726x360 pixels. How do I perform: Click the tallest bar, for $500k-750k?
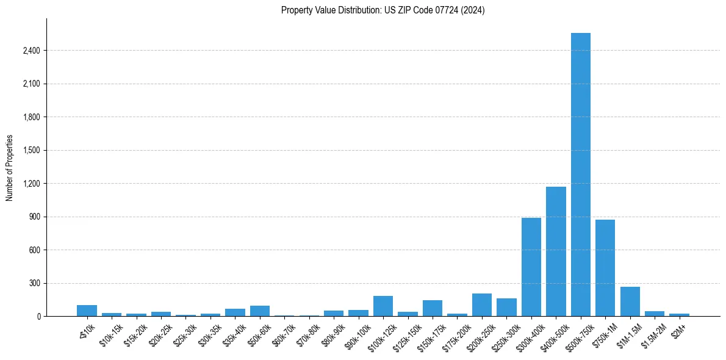(580, 175)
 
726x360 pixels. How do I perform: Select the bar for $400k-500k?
(556, 251)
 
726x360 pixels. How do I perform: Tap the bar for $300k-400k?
(531, 267)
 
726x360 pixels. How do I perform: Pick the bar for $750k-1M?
(605, 268)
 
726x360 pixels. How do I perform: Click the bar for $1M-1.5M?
(630, 301)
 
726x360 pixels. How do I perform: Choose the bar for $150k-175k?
(433, 308)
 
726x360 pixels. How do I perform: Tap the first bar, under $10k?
(87, 311)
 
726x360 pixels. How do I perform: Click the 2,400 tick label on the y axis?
(31, 51)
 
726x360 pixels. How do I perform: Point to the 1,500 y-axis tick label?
(31, 151)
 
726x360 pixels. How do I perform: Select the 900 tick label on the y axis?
(34, 217)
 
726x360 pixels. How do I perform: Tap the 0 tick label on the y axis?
(38, 317)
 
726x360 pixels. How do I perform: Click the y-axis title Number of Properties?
(9, 168)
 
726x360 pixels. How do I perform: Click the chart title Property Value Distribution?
(383, 10)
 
